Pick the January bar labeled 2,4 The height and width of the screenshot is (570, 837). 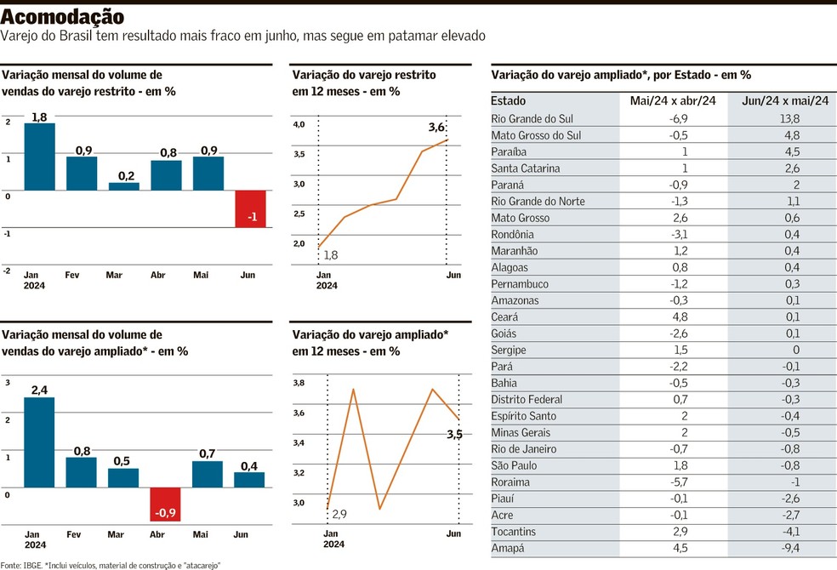point(39,442)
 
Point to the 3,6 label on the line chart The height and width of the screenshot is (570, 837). point(436,128)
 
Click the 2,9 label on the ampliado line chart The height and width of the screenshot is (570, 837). point(339,515)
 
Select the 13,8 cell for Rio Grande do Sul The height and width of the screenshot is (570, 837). point(783,119)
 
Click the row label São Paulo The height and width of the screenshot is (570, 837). point(515,465)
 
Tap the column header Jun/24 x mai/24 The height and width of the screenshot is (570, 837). point(784,100)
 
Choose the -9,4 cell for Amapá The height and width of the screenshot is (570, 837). point(783,549)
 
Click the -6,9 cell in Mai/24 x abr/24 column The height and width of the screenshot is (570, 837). point(673,119)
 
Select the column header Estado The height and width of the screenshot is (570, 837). point(509,100)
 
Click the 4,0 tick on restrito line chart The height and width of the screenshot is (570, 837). point(299,124)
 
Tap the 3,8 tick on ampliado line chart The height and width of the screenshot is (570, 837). point(299,384)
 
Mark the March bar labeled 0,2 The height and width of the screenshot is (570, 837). point(124,185)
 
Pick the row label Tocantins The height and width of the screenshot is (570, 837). point(515,532)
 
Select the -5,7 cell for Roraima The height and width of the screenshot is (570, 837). point(673,482)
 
